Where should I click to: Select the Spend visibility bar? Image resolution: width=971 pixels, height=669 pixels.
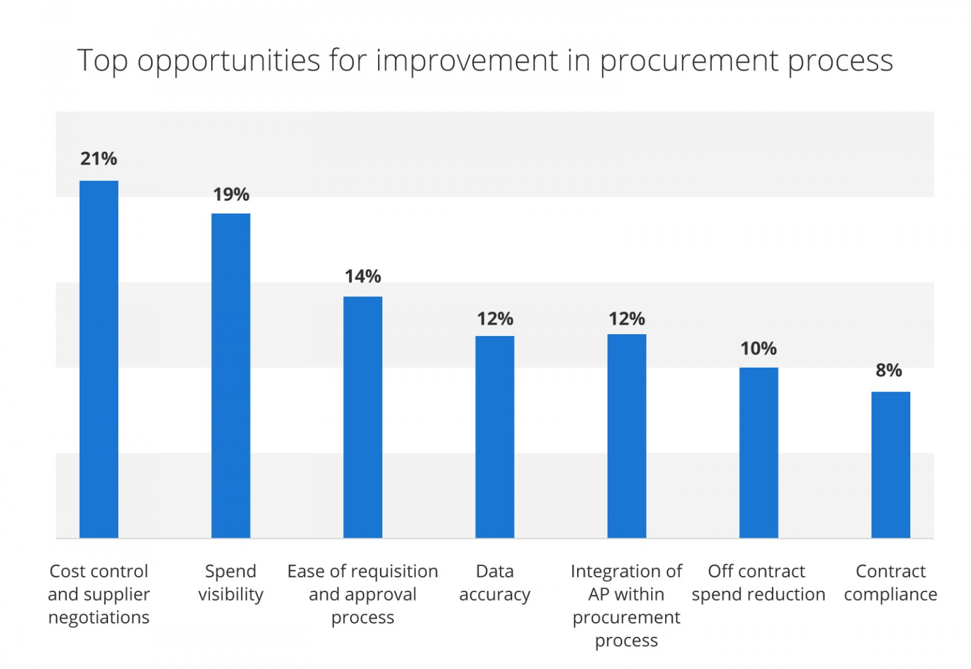[231, 375]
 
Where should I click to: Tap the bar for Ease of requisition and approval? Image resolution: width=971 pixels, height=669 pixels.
[363, 417]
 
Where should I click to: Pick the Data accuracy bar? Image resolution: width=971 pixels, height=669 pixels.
[495, 437]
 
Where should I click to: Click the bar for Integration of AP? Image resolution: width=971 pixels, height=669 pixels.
[626, 436]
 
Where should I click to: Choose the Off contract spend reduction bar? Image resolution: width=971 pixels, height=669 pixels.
[759, 452]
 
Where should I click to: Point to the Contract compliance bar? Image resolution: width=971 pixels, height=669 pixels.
[891, 464]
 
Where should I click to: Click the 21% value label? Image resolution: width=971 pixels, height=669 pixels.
[99, 159]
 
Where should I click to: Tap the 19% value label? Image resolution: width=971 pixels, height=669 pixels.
[231, 195]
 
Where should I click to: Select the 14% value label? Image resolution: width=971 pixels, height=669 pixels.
[363, 277]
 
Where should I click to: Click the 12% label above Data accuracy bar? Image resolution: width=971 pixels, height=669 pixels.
[495, 319]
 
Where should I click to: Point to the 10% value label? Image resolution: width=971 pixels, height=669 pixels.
[759, 349]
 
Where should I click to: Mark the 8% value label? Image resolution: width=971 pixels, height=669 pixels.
[889, 370]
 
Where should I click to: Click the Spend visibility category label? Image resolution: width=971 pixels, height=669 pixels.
[231, 582]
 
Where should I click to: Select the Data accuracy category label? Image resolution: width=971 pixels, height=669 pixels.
[495, 582]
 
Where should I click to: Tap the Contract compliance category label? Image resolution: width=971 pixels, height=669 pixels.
[891, 582]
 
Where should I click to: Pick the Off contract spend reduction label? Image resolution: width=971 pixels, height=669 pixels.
[758, 582]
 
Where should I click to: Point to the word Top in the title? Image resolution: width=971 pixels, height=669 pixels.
[102, 62]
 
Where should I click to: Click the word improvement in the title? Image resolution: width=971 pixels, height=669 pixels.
[467, 61]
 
